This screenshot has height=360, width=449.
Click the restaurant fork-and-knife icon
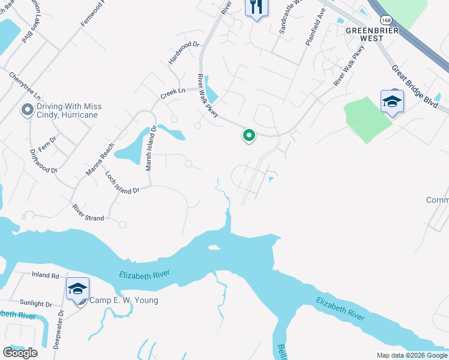click(x=256, y=7)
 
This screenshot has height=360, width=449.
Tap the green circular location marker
click(x=249, y=136)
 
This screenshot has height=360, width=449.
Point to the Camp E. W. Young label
click(x=124, y=300)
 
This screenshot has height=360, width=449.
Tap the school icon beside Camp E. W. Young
click(x=77, y=290)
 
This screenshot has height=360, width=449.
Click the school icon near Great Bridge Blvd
click(x=392, y=102)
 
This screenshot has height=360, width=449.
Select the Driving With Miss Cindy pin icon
click(x=26, y=110)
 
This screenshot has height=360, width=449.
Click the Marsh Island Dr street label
click(x=151, y=148)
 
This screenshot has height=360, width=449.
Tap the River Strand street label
click(x=88, y=214)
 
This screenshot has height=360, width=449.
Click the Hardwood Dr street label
click(x=184, y=53)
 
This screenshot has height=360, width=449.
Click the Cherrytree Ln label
click(x=25, y=86)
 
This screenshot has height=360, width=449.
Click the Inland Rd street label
click(x=46, y=276)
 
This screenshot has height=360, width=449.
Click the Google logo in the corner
click(x=20, y=352)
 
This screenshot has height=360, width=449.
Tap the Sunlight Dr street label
click(x=35, y=304)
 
